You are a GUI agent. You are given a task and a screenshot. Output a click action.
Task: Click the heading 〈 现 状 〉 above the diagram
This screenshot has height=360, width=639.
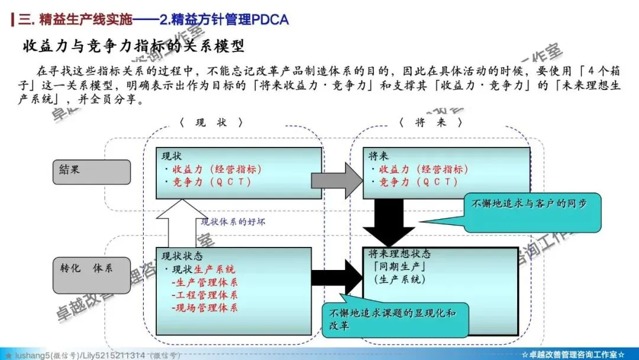click(x=211, y=123)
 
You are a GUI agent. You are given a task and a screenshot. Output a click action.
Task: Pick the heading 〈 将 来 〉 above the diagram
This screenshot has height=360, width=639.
click(x=430, y=123)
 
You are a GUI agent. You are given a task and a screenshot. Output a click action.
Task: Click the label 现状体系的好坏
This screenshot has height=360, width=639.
click(x=233, y=221)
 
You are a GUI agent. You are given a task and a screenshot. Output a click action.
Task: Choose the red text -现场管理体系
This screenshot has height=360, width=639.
click(x=205, y=308)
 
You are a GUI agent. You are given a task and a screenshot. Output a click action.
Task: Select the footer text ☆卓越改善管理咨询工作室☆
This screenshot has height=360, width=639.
click(x=573, y=354)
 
